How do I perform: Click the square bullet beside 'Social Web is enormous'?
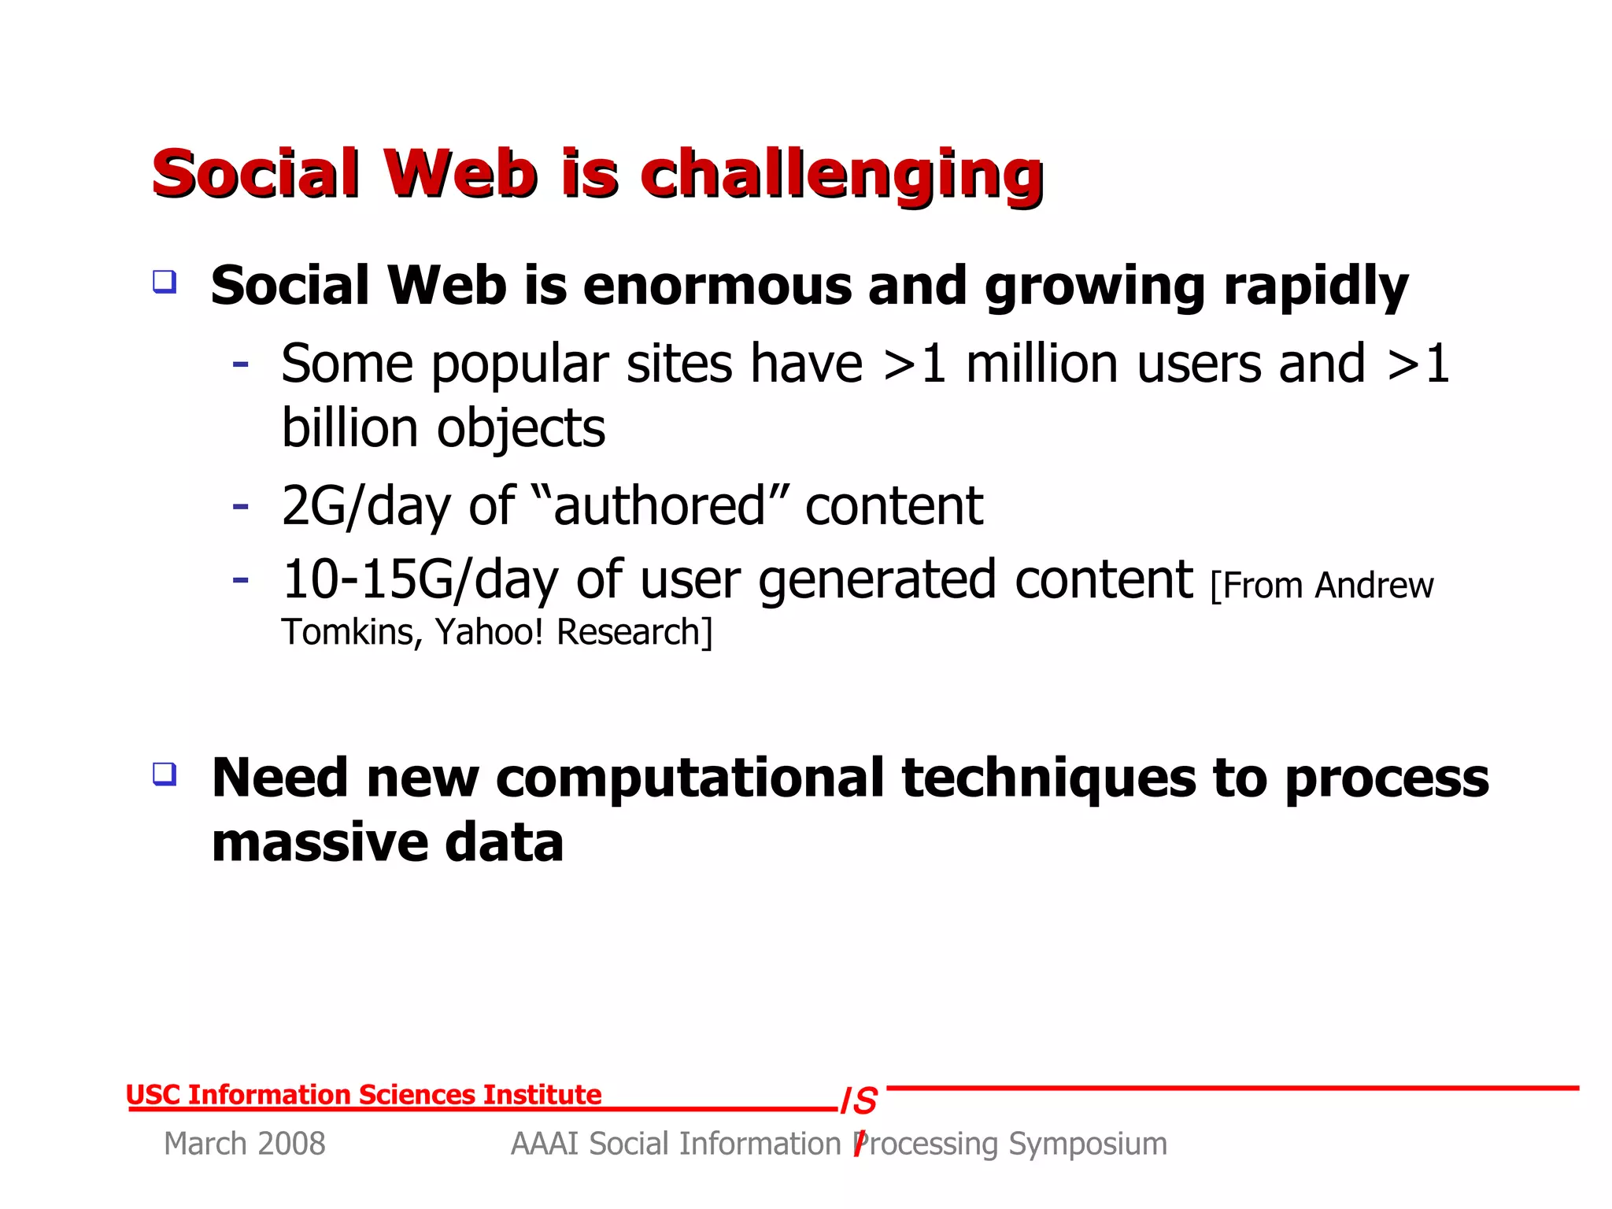(165, 282)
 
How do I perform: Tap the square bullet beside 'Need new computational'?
(165, 774)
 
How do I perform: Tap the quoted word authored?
(660, 506)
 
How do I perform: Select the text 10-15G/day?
(419, 581)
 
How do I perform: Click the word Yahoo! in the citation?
(489, 632)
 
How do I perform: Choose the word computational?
(690, 778)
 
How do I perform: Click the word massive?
(319, 843)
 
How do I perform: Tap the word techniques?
(1048, 778)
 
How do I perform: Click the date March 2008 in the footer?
(244, 1144)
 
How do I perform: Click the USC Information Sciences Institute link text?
(364, 1095)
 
